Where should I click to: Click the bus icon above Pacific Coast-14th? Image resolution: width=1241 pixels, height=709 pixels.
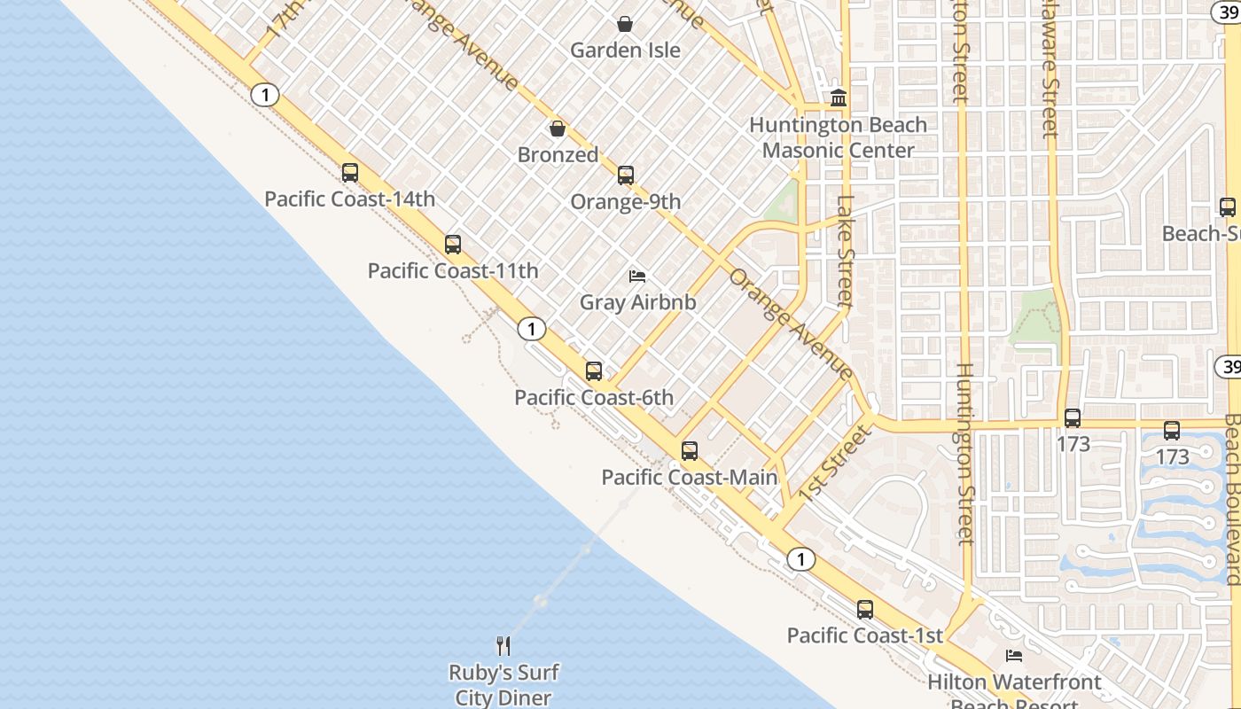click(350, 173)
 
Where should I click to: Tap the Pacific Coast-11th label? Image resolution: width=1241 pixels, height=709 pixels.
click(453, 271)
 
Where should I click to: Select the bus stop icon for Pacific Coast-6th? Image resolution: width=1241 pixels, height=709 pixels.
click(594, 371)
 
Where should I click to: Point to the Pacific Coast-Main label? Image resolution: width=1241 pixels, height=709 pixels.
click(689, 478)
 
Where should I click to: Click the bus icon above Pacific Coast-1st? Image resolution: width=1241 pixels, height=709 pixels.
click(865, 610)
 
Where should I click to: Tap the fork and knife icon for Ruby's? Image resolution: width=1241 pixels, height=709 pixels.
click(503, 645)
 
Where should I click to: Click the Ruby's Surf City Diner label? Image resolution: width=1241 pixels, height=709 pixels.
click(503, 685)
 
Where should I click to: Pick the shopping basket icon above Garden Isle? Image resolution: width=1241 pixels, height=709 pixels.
click(625, 24)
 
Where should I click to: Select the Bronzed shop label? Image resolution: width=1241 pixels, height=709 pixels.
click(558, 155)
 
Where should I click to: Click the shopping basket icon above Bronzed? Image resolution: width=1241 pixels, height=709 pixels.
click(558, 129)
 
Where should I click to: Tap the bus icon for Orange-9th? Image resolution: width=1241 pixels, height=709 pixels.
click(626, 175)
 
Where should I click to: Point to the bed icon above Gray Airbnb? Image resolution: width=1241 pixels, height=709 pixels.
click(637, 277)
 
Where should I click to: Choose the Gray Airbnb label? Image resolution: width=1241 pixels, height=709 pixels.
click(637, 302)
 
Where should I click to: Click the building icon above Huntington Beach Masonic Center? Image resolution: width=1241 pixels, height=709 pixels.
click(839, 97)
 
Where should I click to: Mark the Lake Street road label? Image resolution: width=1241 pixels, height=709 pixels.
click(845, 252)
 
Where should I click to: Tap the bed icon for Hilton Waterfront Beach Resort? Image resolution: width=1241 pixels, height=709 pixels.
click(1014, 657)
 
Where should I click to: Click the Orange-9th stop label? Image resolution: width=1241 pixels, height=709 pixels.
click(626, 202)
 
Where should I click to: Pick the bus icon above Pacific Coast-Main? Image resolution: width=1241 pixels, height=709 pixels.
click(690, 451)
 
